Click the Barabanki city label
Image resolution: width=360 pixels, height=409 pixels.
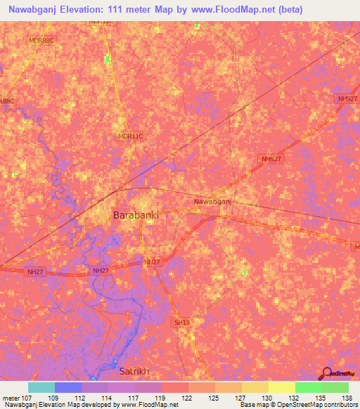tap(136, 216)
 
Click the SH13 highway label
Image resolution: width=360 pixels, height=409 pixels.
tap(182, 323)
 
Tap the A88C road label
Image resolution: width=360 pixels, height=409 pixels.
tap(6, 102)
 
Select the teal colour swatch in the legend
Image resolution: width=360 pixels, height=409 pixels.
tap(41, 387)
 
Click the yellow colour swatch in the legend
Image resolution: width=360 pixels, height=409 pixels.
tap(282, 387)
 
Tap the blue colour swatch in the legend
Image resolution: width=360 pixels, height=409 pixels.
tap(68, 387)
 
